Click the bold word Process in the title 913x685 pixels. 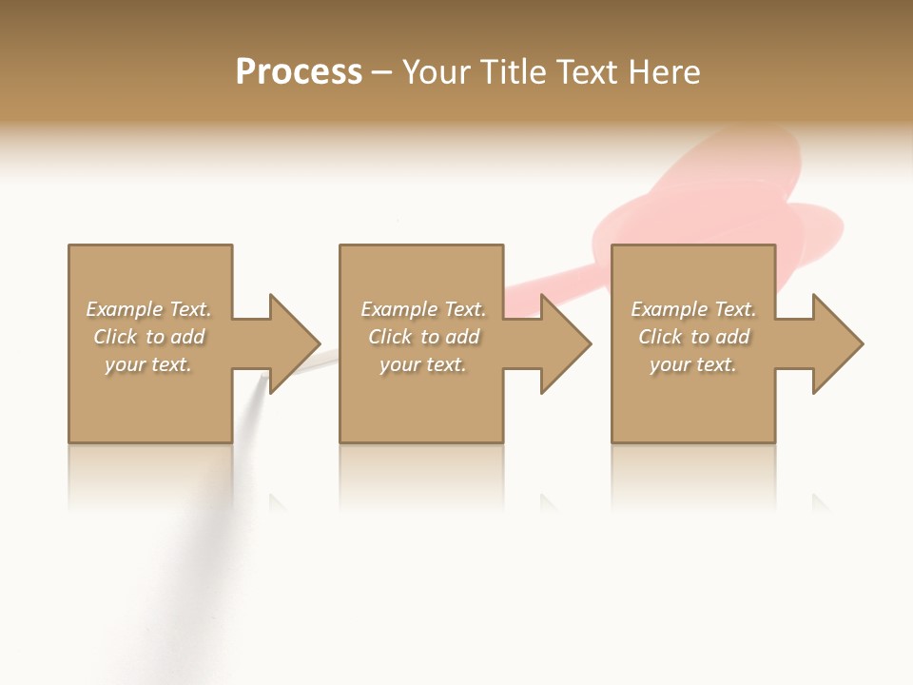[x=299, y=72]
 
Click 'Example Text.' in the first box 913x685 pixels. [x=148, y=309]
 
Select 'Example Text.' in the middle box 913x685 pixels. [x=423, y=309]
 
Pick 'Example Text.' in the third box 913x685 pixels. [x=693, y=309]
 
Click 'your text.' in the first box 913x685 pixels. [x=148, y=364]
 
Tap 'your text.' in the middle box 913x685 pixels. [x=423, y=364]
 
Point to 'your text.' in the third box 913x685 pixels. [x=693, y=364]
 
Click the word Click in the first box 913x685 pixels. [x=115, y=337]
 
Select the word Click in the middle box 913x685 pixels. [x=390, y=337]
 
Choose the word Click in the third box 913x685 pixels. [x=660, y=337]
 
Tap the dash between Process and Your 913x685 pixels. [x=381, y=72]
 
